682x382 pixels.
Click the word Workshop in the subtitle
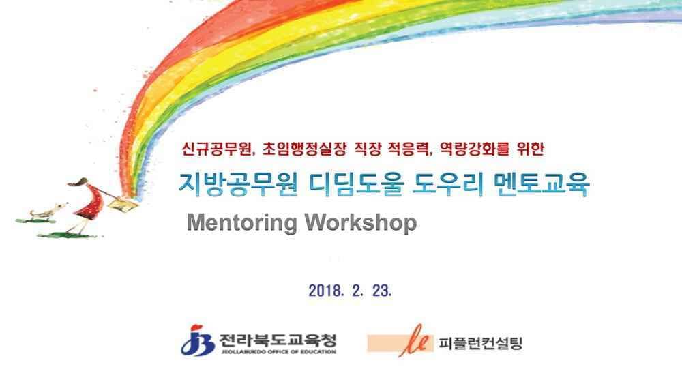[361, 222]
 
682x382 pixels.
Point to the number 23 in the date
[382, 291]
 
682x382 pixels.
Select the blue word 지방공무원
[238, 184]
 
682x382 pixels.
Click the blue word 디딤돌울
[356, 184]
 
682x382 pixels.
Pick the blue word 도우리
[449, 184]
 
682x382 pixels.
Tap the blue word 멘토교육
[542, 184]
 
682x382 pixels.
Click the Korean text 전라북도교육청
[278, 340]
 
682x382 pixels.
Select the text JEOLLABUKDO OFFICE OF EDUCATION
[278, 351]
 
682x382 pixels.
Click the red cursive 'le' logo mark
[415, 340]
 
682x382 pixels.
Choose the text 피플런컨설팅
[480, 343]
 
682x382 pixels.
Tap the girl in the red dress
[87, 205]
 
